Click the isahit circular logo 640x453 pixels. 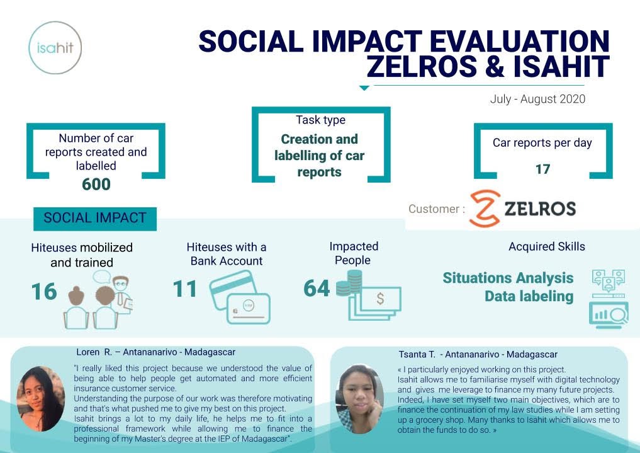click(55, 48)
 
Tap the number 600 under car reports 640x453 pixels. click(96, 184)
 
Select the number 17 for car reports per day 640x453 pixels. click(543, 169)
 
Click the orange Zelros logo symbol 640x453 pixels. click(485, 209)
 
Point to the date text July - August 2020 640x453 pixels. click(537, 99)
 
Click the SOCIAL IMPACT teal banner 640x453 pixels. click(95, 219)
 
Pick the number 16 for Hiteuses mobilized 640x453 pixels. click(44, 291)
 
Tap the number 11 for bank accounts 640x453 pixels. click(185, 289)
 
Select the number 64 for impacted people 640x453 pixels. click(317, 288)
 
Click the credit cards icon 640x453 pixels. click(240, 297)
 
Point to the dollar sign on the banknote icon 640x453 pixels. click(380, 299)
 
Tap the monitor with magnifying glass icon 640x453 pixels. click(609, 315)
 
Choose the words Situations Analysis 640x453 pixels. click(508, 278)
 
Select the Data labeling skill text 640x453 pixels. click(529, 296)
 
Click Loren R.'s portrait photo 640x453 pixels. click(40, 399)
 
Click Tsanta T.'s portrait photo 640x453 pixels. click(359, 399)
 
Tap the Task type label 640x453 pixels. click(321, 120)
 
